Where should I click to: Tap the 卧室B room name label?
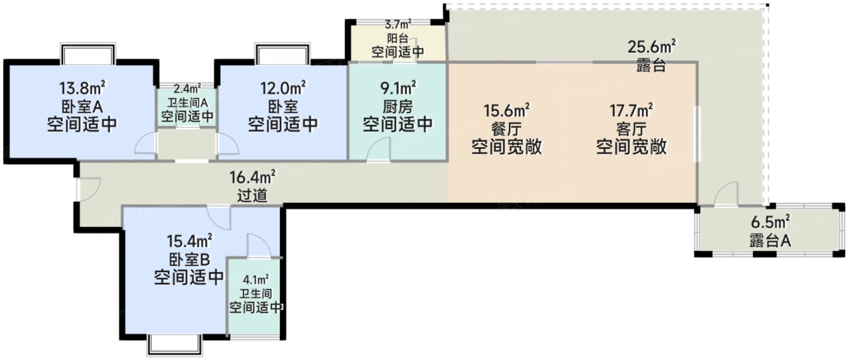(x=188, y=260)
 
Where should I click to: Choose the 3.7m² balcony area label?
(x=398, y=25)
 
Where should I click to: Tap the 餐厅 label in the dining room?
(x=506, y=128)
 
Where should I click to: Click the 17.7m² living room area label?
(x=631, y=110)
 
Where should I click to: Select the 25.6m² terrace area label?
(x=652, y=47)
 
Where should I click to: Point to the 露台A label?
(x=769, y=241)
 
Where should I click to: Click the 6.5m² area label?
(x=769, y=222)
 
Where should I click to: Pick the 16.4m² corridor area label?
(x=252, y=177)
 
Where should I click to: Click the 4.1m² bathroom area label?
(x=256, y=280)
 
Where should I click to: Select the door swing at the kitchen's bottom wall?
(x=379, y=149)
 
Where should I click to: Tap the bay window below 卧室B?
(x=174, y=344)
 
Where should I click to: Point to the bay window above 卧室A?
(x=88, y=53)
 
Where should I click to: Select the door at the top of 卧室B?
(x=218, y=216)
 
